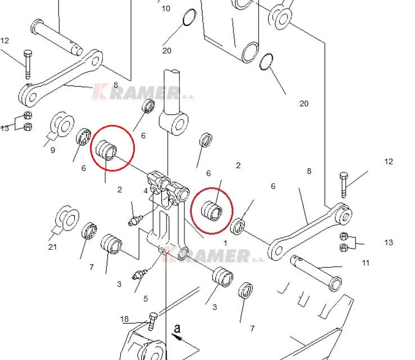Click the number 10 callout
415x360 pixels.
[165, 8]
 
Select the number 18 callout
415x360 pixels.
[124, 319]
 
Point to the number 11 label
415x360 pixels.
[366, 263]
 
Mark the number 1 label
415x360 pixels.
[225, 243]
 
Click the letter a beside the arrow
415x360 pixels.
[177, 327]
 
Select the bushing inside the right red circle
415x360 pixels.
[214, 210]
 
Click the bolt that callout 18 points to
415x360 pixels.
[152, 321]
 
